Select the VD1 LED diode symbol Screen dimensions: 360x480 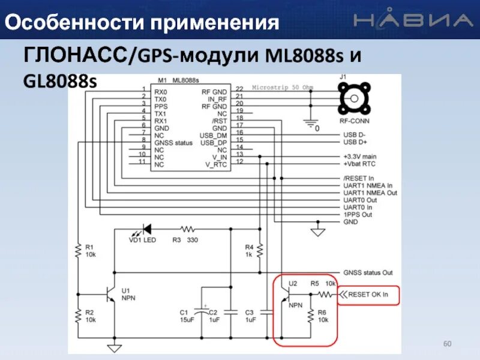tap(143, 229)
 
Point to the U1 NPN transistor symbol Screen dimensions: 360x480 tap(110, 295)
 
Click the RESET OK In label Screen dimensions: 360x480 tap(368, 295)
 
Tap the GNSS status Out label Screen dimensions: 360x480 tap(367, 272)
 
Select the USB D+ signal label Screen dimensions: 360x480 tap(355, 142)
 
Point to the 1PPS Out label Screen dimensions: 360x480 tap(358, 214)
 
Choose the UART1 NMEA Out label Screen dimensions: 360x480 tap(370, 193)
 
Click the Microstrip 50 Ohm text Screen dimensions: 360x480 tap(283, 88)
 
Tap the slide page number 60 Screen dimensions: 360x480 tap(446, 343)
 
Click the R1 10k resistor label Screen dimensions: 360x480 tap(89, 251)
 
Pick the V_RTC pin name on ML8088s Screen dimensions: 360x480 tap(216, 164)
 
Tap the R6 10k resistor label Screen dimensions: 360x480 tap(322, 316)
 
